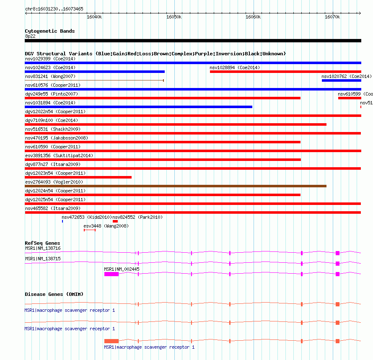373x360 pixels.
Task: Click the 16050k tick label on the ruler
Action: pyautogui.click(x=174, y=17)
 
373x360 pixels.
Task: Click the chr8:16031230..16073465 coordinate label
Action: pyautogui.click(x=54, y=9)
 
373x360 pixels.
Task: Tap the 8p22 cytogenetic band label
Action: pyautogui.click(x=30, y=36)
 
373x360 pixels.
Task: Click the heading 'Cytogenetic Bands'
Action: pyautogui.click(x=49, y=31)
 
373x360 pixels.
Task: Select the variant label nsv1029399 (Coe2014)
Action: pyautogui.click(x=50, y=59)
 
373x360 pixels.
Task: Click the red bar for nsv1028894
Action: pyautogui.click(x=285, y=72)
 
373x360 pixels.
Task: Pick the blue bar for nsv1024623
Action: pyautogui.click(x=95, y=72)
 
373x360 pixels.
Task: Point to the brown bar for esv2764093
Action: pyautogui.click(x=175, y=186)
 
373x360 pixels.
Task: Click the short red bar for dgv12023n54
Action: pyautogui.click(x=78, y=177)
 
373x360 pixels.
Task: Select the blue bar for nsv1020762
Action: pyautogui.click(x=341, y=80)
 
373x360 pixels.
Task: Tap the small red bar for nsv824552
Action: pyautogui.click(x=115, y=221)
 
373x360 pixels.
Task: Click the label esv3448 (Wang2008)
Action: pyautogui.click(x=106, y=226)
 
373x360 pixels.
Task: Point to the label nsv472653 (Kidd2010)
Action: pyautogui.click(x=86, y=217)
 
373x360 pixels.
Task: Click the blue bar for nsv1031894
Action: pyautogui.click(x=138, y=107)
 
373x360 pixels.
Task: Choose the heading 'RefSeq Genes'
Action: pyautogui.click(x=42, y=243)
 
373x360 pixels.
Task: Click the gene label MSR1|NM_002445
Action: pyautogui.click(x=122, y=269)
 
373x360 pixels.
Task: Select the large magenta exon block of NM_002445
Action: pyautogui.click(x=111, y=274)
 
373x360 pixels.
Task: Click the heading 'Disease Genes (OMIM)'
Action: pyautogui.click(x=54, y=294)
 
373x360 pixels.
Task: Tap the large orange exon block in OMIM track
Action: pyautogui.click(x=111, y=341)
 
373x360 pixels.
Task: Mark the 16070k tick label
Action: pyautogui.click(x=332, y=17)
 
